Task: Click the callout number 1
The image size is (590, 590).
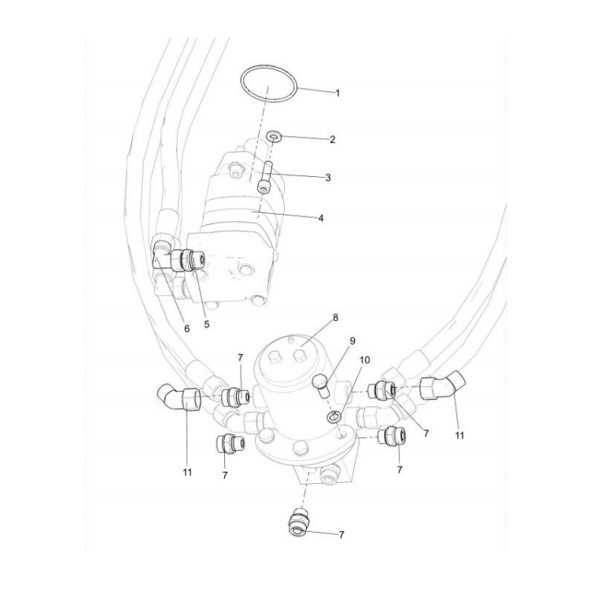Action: point(337,93)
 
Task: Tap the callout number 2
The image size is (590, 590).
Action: point(333,139)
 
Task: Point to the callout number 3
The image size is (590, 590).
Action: point(327,178)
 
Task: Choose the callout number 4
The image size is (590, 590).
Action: point(321,218)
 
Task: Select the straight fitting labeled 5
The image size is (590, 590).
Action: point(190,258)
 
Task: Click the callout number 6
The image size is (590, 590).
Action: point(186,329)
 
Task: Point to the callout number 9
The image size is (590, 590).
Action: point(353,341)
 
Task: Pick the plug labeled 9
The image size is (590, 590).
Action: point(320,382)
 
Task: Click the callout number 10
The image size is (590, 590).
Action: point(365,360)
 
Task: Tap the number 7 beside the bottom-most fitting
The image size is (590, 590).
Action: point(341,534)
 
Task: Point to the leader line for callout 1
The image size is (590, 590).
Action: point(315,90)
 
